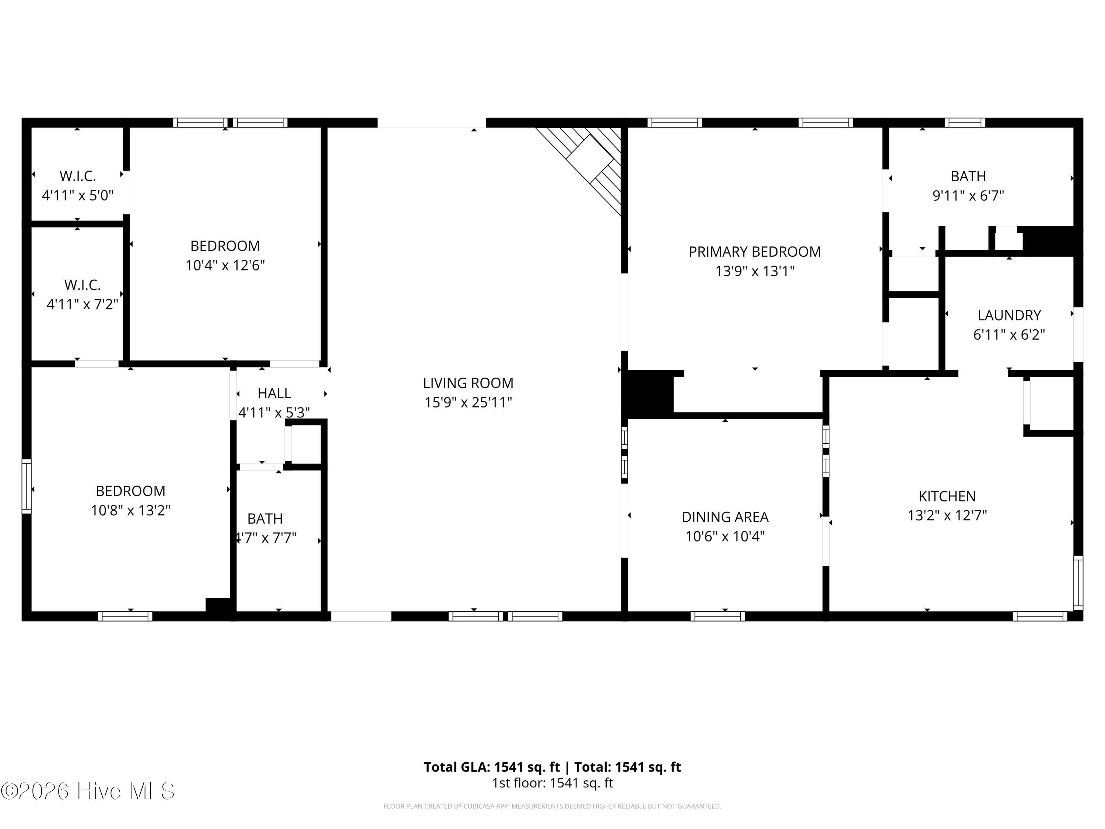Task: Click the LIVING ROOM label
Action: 468,383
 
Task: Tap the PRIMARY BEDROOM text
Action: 755,252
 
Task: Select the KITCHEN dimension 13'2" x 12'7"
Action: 947,515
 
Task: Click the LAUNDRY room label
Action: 1009,315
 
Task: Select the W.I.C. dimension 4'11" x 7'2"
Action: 83,304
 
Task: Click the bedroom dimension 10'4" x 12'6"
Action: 225,265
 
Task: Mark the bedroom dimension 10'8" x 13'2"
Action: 130,510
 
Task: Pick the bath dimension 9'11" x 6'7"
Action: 968,195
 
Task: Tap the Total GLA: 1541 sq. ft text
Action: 492,767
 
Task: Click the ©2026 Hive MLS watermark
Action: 88,791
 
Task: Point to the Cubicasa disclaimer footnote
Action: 552,806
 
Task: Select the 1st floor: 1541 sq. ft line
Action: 552,783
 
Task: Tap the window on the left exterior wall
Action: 27,486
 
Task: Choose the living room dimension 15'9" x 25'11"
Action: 468,402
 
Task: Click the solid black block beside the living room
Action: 648,394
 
